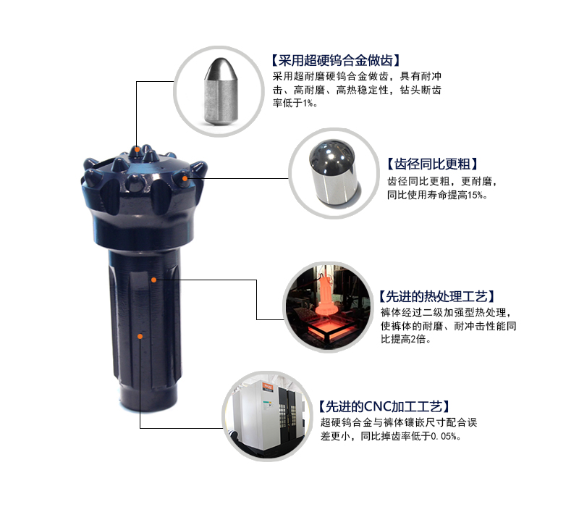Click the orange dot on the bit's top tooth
136,148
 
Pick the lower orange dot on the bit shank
140,335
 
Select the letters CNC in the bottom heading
367,406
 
